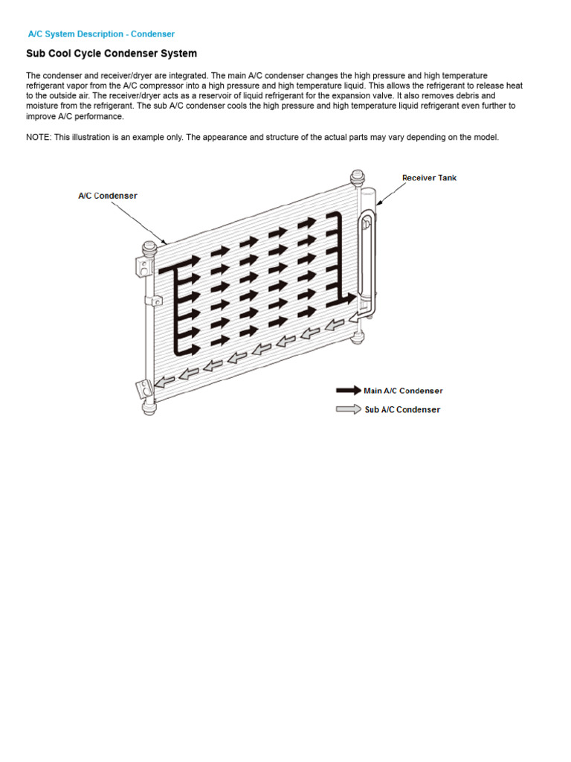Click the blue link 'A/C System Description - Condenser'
tap(101, 34)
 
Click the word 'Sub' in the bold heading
tap(36, 54)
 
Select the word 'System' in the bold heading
tap(179, 54)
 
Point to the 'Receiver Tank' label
tap(429, 178)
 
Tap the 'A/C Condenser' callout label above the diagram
tap(108, 196)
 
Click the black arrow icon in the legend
tap(348, 390)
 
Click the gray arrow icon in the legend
tap(348, 409)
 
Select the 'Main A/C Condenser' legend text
tap(403, 391)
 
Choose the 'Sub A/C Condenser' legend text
tap(402, 409)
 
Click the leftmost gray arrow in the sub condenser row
tap(164, 381)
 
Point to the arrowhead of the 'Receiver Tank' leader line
tap(377, 204)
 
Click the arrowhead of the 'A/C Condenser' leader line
tap(167, 243)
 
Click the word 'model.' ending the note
tap(487, 138)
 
